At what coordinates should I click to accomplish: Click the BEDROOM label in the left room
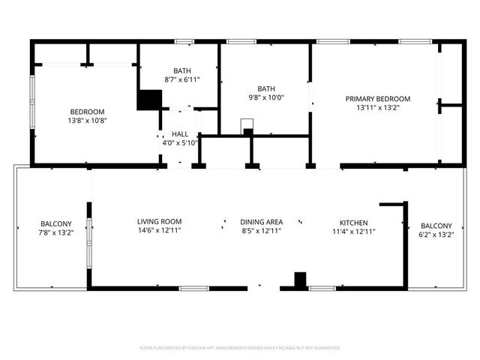(x=88, y=112)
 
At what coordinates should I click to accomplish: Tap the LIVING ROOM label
(x=159, y=222)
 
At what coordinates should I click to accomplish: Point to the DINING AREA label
(x=261, y=222)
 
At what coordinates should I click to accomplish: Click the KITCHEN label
(x=353, y=223)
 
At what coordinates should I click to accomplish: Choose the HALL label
(x=179, y=133)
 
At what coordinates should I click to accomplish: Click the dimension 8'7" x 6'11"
(x=181, y=79)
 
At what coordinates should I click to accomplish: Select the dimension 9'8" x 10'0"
(x=265, y=97)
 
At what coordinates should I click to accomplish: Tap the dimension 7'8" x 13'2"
(x=56, y=233)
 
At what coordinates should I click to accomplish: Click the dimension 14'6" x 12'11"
(x=159, y=231)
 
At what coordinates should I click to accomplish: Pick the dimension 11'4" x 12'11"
(x=353, y=232)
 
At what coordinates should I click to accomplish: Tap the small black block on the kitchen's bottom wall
(x=300, y=280)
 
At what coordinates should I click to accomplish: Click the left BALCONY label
(x=56, y=224)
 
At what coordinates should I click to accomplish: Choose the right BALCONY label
(x=436, y=226)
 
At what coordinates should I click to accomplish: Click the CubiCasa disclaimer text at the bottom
(x=240, y=348)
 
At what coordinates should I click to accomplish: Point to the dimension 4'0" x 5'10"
(x=179, y=142)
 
